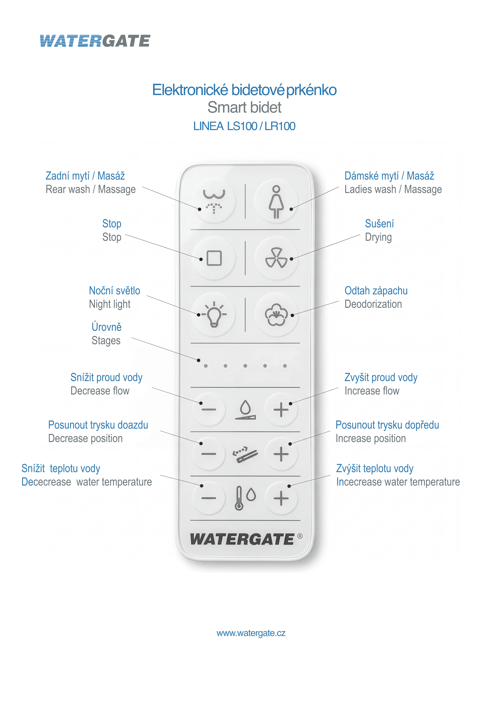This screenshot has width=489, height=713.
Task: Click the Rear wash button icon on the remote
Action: [214, 201]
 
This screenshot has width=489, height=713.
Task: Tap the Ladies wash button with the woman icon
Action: [276, 201]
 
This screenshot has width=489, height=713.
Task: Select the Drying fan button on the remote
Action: [276, 258]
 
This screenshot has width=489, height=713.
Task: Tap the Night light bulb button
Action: [214, 314]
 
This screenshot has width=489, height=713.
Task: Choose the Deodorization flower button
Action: [276, 314]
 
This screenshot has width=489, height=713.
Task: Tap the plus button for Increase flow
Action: [281, 410]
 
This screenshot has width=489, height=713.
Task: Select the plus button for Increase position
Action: [281, 454]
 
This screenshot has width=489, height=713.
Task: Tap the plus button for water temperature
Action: [281, 498]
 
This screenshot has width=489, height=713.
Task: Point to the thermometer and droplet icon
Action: [245, 498]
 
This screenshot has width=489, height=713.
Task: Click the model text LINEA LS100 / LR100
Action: [244, 126]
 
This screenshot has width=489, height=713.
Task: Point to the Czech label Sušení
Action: [379, 224]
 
